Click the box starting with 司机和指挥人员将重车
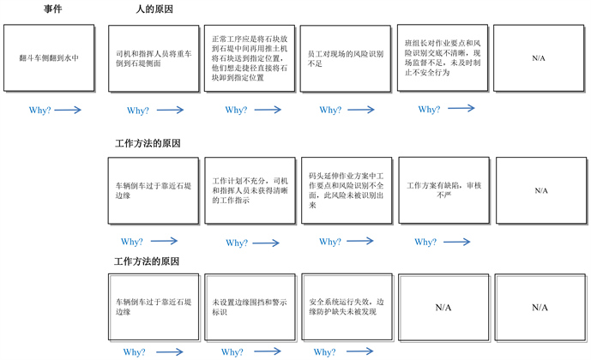pos(151,57)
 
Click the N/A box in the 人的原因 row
pos(539,57)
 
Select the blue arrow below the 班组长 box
pos(461,109)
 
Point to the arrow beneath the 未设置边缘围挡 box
pos(268,352)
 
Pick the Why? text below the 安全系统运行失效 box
pos(325,352)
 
